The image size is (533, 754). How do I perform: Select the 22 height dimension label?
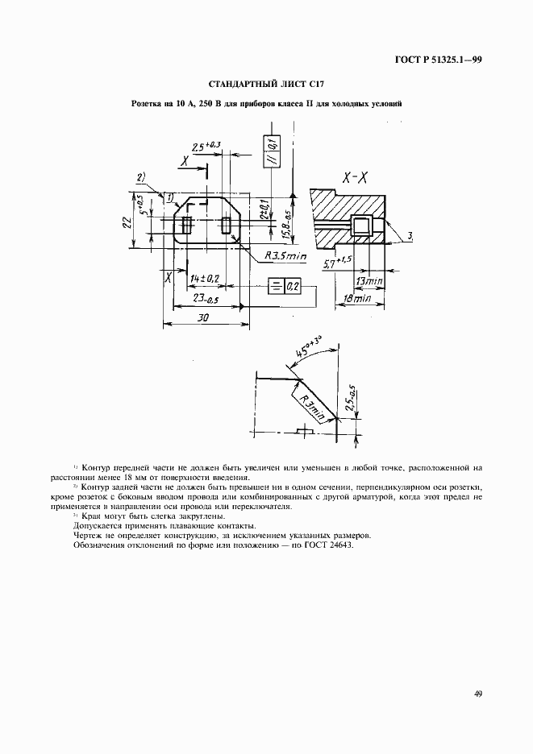127,222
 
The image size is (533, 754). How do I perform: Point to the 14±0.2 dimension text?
205,278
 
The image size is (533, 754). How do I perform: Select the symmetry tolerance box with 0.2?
284,287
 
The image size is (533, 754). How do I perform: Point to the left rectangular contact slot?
187,226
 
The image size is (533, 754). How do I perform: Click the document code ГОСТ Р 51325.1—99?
438,59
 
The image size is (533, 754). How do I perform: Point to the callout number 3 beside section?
410,235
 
